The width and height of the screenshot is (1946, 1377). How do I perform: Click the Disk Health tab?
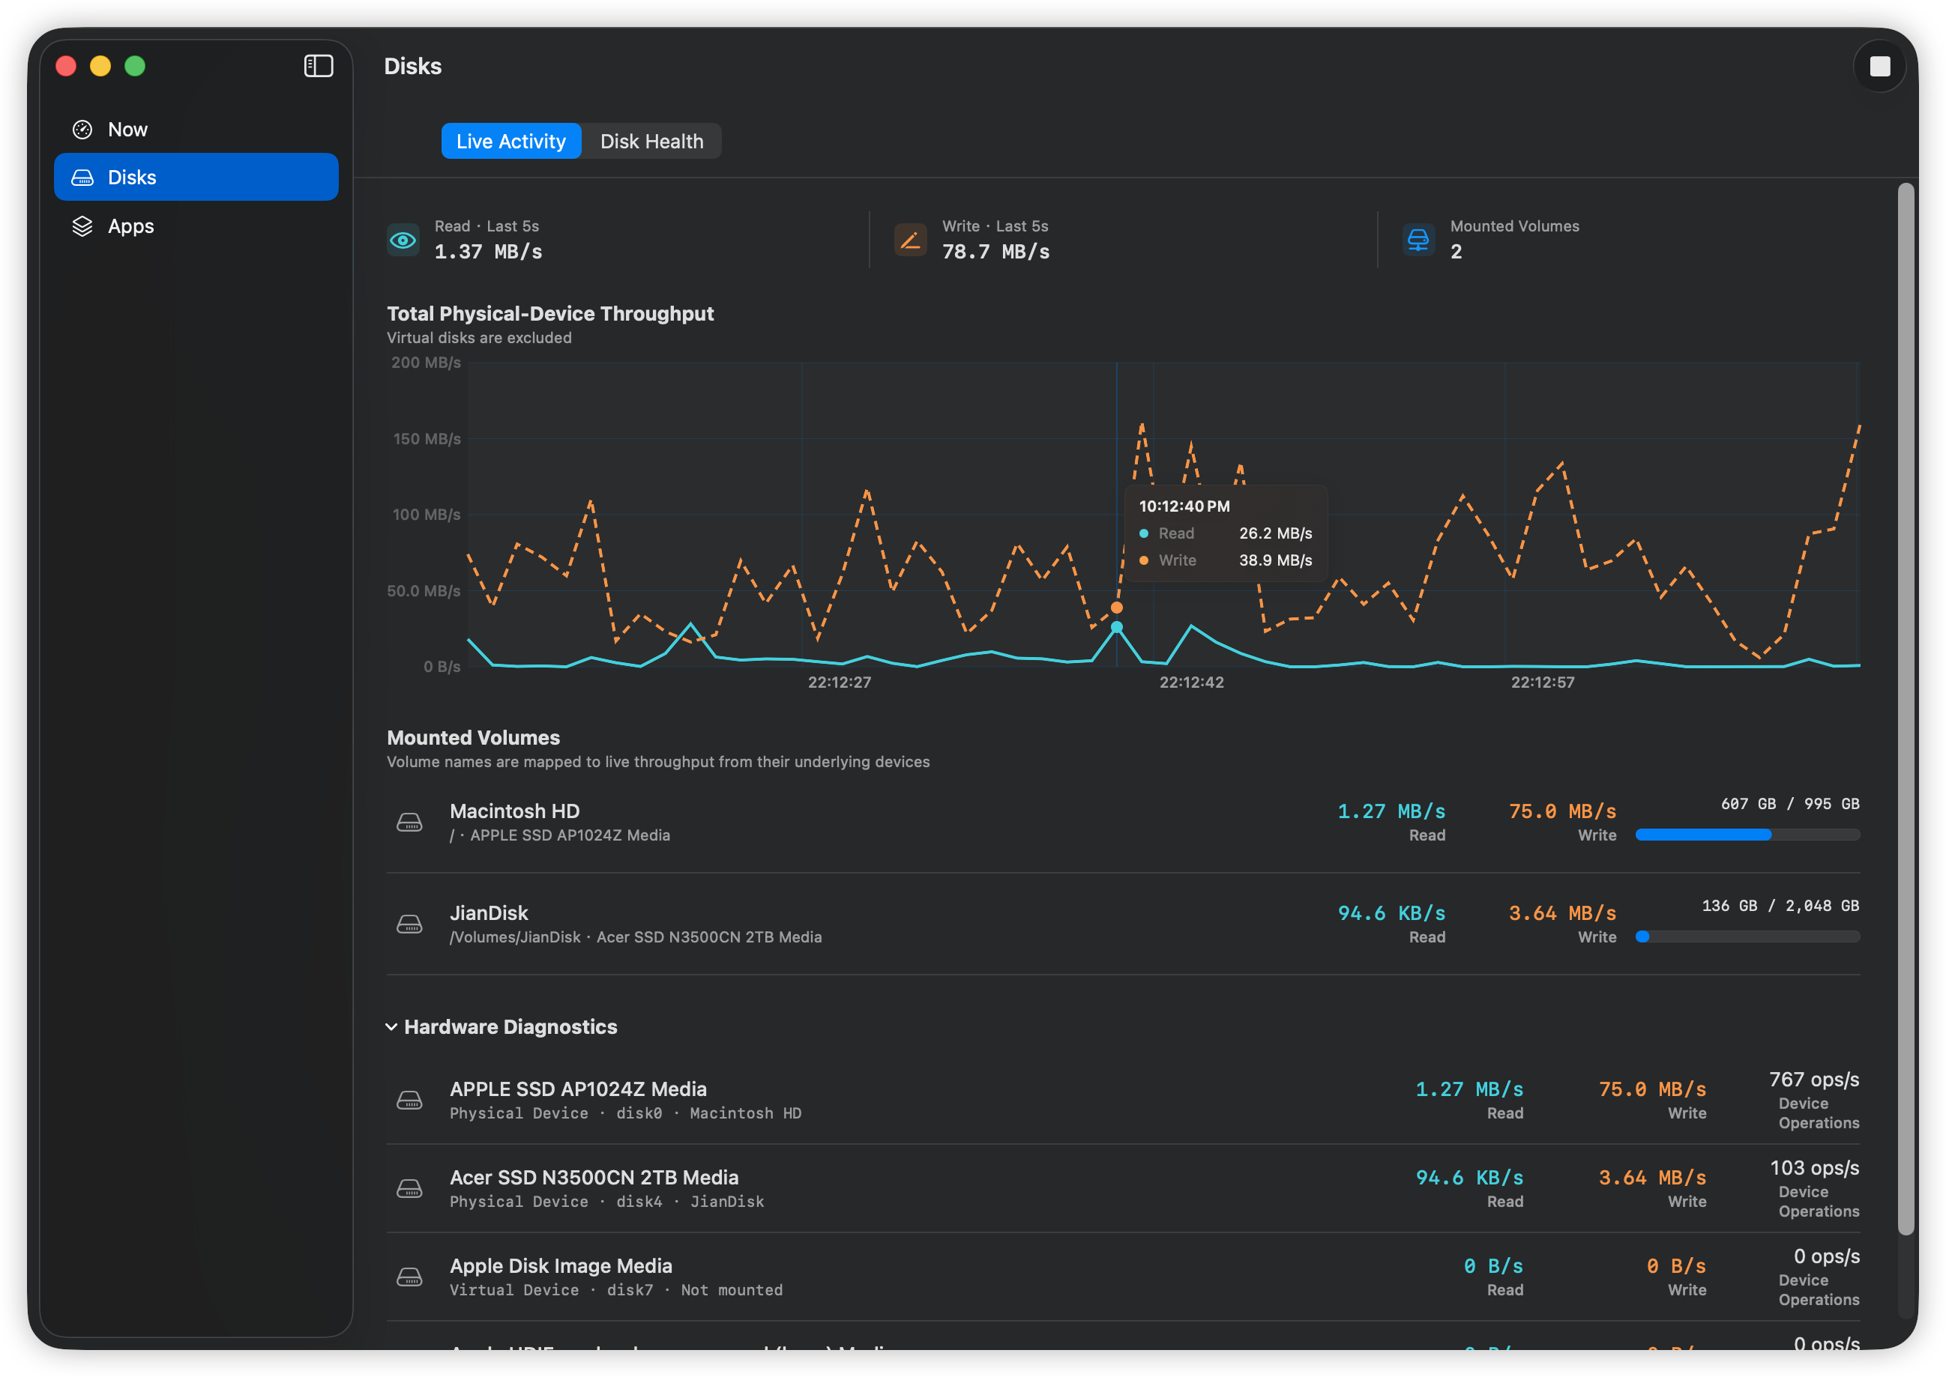651,141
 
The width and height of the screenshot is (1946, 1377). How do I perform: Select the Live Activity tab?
510,141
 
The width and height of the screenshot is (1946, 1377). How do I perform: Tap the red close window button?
66,66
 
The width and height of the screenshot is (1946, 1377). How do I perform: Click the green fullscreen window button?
135,66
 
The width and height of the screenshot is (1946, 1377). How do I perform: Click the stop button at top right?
1879,66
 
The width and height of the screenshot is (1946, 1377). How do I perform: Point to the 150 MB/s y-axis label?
427,438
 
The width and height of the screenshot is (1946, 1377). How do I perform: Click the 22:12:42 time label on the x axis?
1191,682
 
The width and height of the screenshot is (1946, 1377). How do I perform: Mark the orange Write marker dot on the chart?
1116,607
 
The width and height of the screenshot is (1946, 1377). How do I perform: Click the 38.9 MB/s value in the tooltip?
1275,560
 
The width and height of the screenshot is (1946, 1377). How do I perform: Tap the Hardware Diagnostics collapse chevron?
391,1027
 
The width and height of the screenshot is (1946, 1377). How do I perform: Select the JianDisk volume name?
489,913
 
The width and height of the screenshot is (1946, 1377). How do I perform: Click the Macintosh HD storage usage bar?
1747,835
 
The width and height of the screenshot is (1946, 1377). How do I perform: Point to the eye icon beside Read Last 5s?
403,240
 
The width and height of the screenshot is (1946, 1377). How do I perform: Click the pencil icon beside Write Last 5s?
910,240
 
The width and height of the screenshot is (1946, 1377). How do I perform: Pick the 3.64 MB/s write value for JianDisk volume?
1561,913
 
